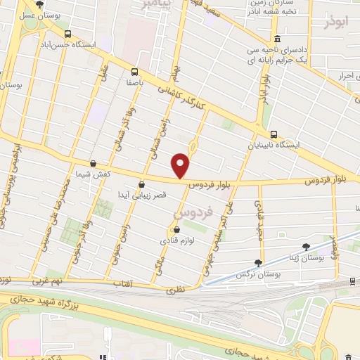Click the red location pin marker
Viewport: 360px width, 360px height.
click(181, 165)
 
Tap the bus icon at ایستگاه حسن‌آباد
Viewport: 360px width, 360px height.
click(67, 34)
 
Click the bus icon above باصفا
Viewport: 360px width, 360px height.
click(134, 71)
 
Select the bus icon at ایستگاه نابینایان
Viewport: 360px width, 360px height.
click(274, 134)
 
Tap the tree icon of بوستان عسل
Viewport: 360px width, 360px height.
click(39, 4)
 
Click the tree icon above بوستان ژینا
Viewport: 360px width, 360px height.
click(306, 247)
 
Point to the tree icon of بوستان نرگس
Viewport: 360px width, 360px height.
click(258, 263)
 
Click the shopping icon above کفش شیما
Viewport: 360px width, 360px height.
click(93, 163)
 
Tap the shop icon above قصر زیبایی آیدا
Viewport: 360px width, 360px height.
click(142, 184)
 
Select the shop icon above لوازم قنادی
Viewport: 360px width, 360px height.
click(176, 229)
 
